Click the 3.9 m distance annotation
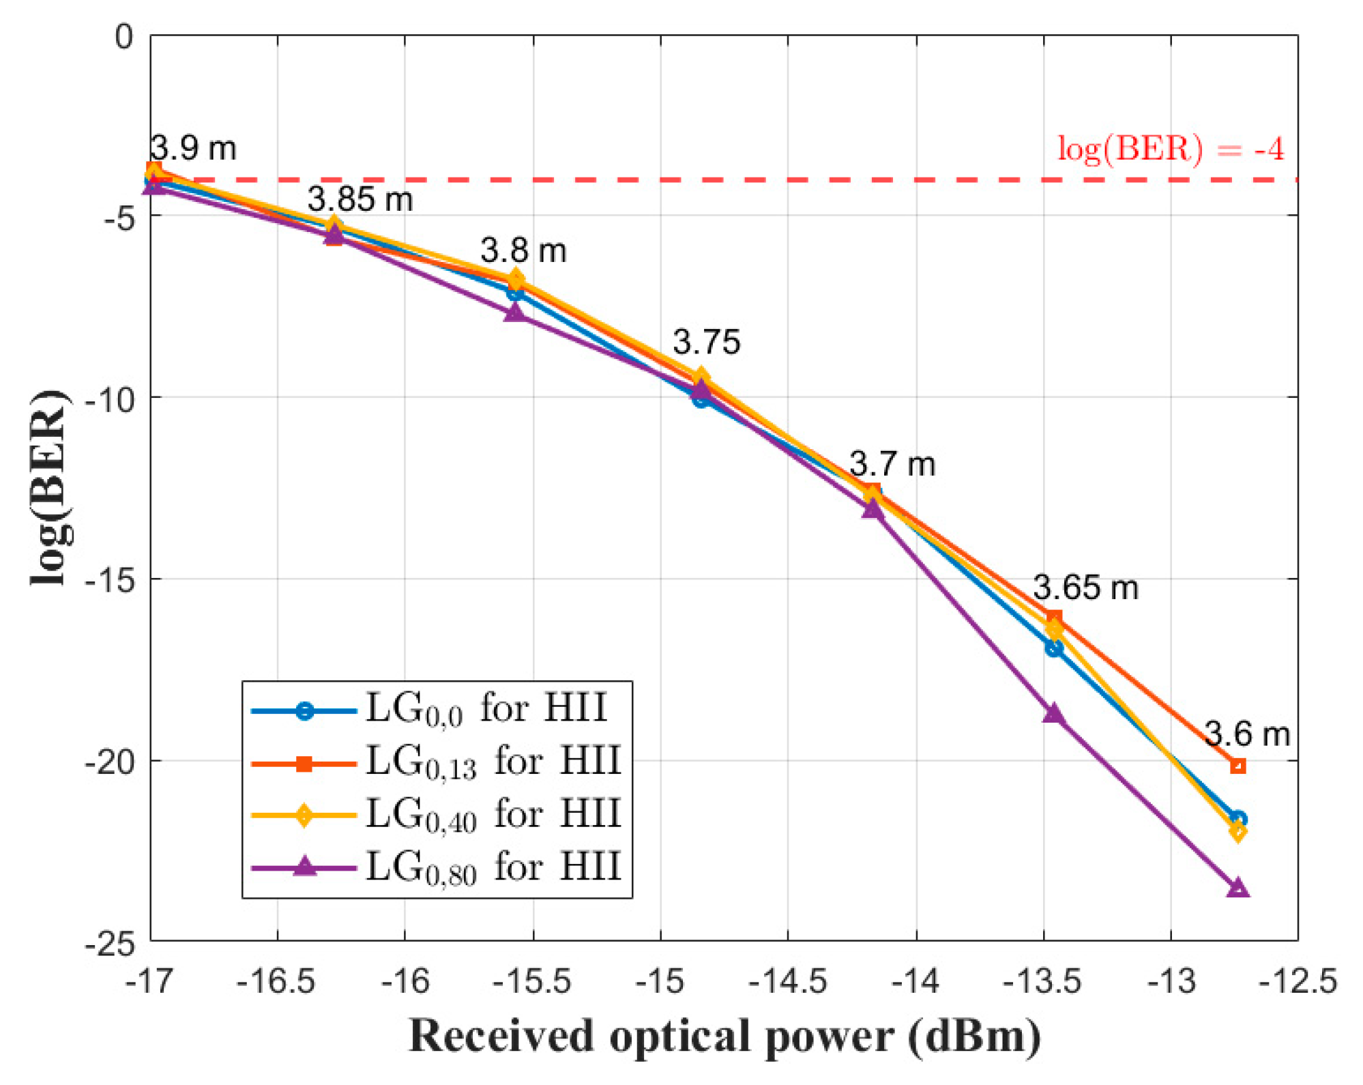coord(193,148)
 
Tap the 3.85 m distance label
coord(360,199)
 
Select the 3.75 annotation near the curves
coord(706,341)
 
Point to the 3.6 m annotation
coord(1247,734)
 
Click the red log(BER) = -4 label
coord(1170,148)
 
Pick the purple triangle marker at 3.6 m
coord(1237,888)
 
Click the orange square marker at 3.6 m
coord(1237,766)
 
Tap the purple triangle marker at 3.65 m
coord(1053,714)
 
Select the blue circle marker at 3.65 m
coord(1053,648)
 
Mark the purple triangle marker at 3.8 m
coord(515,313)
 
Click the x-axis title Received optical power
coord(724,1036)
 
